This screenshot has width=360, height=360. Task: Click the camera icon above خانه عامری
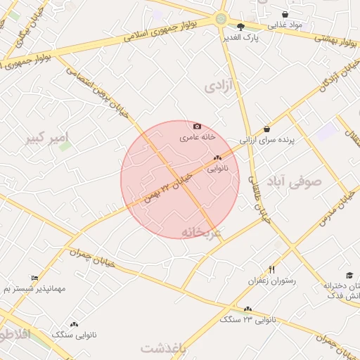click(197, 126)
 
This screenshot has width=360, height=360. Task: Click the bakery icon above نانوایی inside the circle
click(217, 157)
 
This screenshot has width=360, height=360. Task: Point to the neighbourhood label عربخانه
click(201, 231)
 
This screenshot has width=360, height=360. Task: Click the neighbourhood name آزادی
click(222, 86)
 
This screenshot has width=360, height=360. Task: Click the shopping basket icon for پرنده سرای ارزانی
click(266, 129)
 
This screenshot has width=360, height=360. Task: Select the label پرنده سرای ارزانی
click(270, 140)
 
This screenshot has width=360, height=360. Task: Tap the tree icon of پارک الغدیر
click(241, 26)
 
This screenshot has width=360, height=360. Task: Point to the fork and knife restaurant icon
click(272, 269)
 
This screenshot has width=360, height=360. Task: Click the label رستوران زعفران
click(271, 281)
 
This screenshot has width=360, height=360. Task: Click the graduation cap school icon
click(349, 275)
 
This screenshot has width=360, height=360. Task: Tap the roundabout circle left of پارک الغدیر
click(221, 19)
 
